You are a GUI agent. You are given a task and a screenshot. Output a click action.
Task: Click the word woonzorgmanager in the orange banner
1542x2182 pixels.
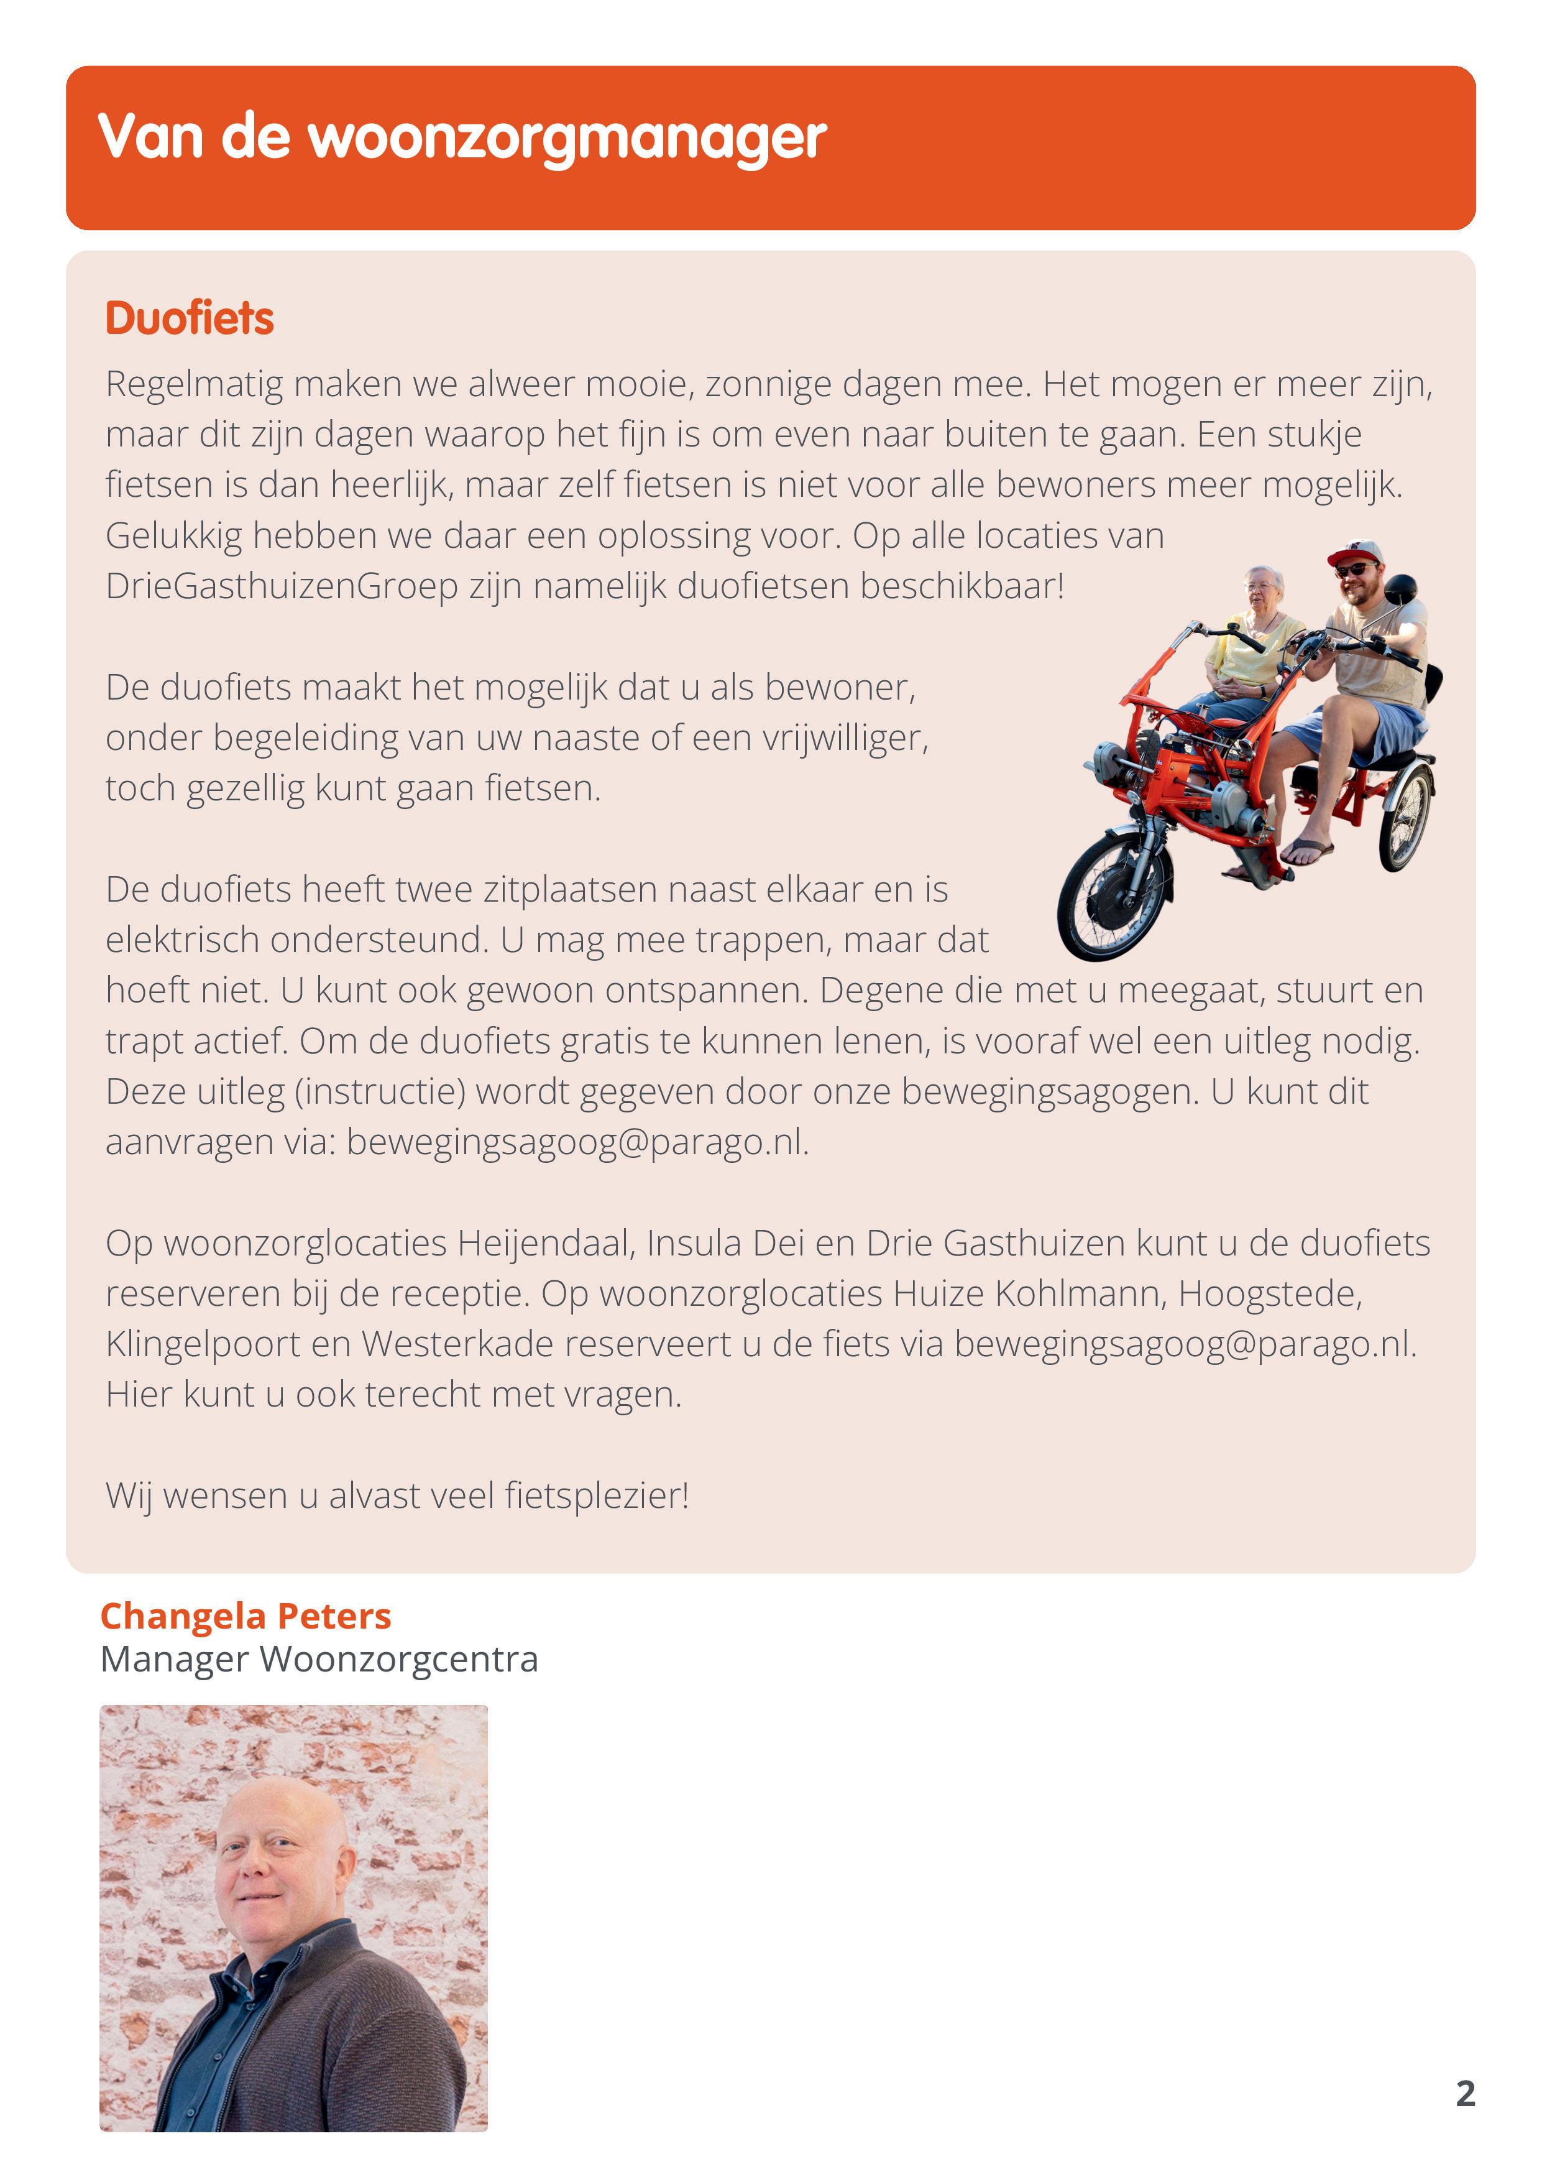[x=567, y=139]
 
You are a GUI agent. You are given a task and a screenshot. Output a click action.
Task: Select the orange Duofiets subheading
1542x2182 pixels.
[x=189, y=318]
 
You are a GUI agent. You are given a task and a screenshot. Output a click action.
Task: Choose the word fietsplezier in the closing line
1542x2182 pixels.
[x=595, y=1496]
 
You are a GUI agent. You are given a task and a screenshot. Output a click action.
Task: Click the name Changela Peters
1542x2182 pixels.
[x=245, y=1616]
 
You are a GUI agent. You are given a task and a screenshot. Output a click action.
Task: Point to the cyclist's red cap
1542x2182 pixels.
[x=1355, y=552]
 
